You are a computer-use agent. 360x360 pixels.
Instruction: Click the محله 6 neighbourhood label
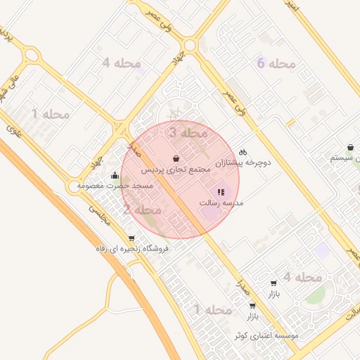click(x=276, y=64)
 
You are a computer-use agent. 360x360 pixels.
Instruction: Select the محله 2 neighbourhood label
click(x=142, y=210)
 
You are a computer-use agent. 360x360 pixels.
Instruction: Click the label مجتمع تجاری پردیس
click(x=175, y=170)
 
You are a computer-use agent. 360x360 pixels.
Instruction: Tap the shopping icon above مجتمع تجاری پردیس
click(x=175, y=158)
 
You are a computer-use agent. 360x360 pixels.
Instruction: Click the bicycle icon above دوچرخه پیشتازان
click(x=243, y=151)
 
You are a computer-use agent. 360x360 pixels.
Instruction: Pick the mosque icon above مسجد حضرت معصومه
click(x=115, y=174)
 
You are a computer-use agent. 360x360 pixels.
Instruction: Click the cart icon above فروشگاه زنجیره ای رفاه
click(x=131, y=238)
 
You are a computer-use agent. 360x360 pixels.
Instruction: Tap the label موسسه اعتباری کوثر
click(x=267, y=335)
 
